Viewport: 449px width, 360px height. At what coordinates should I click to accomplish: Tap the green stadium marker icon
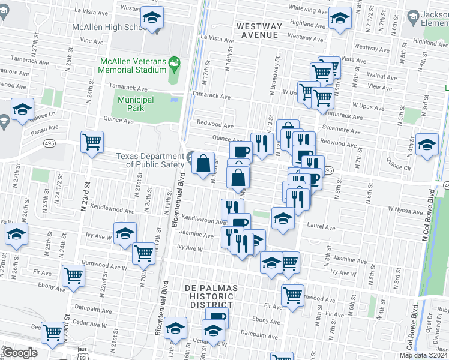pyautogui.click(x=174, y=62)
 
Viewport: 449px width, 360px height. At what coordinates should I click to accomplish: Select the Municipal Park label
pyautogui.click(x=136, y=104)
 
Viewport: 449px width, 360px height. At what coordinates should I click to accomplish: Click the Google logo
pyautogui.click(x=20, y=352)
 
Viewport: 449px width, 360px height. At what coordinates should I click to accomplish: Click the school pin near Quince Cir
pyautogui.click(x=427, y=146)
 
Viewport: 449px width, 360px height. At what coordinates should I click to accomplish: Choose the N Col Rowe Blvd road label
pyautogui.click(x=431, y=214)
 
